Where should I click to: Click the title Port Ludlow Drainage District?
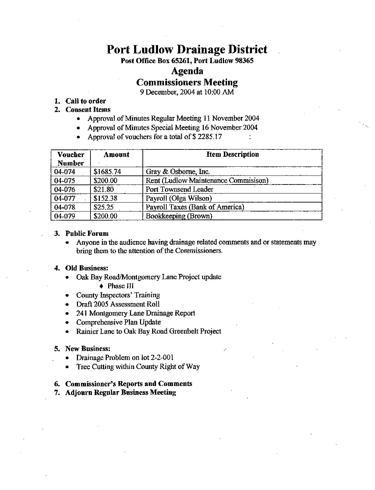[x=187, y=49]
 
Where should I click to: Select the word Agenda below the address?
[x=187, y=71]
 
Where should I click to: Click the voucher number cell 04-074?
[x=65, y=172]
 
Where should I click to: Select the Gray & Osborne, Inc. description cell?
[x=178, y=172]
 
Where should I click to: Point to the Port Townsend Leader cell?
[x=180, y=189]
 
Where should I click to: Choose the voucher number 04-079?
[x=65, y=216]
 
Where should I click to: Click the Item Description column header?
[x=233, y=155]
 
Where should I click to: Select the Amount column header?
[x=116, y=155]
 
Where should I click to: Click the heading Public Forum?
[x=87, y=233]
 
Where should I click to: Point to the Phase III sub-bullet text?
[x=120, y=286]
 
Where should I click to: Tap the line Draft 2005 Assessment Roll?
[x=118, y=304]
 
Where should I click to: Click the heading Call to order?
[x=86, y=101]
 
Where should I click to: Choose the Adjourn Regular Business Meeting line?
[x=121, y=393]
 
